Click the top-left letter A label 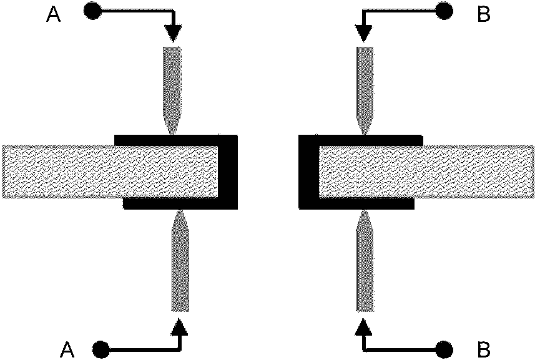(x=54, y=14)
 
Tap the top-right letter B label (x=484, y=14)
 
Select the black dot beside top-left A (x=92, y=10)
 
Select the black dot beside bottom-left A (x=100, y=347)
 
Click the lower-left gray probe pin (x=180, y=262)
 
